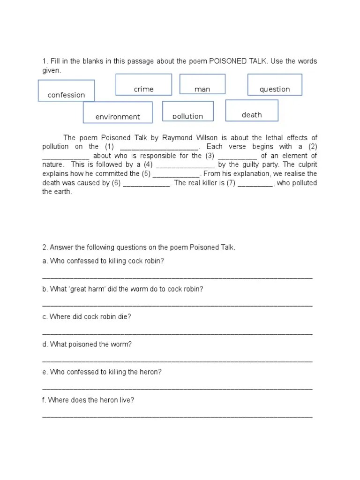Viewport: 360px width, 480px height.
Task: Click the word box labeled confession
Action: pos(66,91)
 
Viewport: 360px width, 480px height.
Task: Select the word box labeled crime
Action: pos(143,85)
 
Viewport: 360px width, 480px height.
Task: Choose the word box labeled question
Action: pos(275,85)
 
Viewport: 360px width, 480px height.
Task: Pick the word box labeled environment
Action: pos(118,112)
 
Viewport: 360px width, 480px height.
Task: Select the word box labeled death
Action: pos(252,111)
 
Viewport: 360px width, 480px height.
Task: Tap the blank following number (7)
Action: pos(255,183)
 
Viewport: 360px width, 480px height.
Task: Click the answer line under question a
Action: pos(177,277)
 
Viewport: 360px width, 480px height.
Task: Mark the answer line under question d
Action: pos(177,361)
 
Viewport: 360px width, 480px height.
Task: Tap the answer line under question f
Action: pos(177,416)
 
